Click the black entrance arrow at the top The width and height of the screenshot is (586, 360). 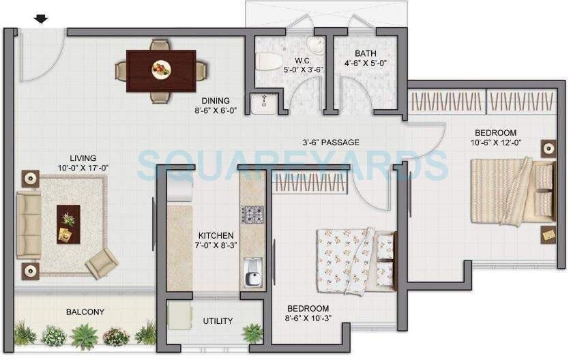[42, 19]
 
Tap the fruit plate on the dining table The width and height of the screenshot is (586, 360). [161, 68]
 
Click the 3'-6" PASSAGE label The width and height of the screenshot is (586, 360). [331, 142]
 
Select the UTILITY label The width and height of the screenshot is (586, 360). [218, 321]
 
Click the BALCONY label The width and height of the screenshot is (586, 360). [85, 312]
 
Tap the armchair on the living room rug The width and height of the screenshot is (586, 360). [102, 260]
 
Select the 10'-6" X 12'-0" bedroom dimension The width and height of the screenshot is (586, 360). [496, 142]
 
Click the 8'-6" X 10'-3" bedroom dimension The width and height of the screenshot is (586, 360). [308, 318]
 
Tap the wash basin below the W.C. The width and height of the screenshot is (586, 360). [263, 104]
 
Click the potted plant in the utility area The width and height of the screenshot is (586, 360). [252, 332]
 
